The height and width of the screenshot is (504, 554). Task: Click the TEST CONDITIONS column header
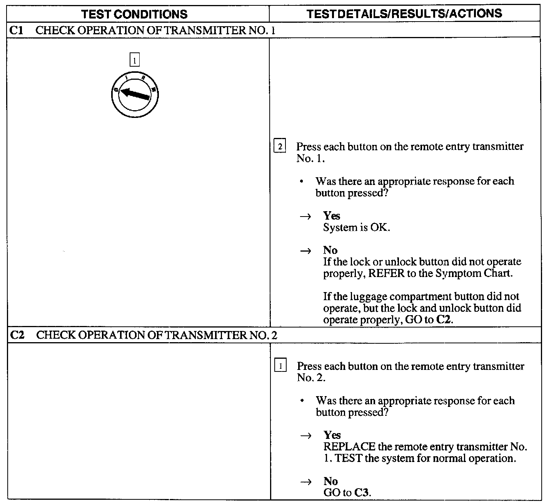point(135,14)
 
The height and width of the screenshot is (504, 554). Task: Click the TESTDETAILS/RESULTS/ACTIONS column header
point(404,14)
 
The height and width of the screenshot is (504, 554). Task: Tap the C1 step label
point(16,30)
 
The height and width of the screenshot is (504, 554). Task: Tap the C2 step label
point(17,335)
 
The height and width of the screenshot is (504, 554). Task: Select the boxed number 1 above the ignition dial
point(134,60)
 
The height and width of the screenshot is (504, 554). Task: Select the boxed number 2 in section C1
point(280,147)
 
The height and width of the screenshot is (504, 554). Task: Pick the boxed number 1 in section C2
point(280,366)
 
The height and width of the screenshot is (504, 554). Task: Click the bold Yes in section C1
point(332,215)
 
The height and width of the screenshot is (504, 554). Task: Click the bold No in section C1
point(330,250)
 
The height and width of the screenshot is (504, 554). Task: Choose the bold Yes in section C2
point(332,435)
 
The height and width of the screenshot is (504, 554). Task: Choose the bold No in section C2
point(330,481)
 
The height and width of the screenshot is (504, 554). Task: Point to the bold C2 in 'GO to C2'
point(443,320)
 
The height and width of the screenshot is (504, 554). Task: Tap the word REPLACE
point(349,447)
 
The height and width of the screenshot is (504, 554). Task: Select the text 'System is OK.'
point(356,227)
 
